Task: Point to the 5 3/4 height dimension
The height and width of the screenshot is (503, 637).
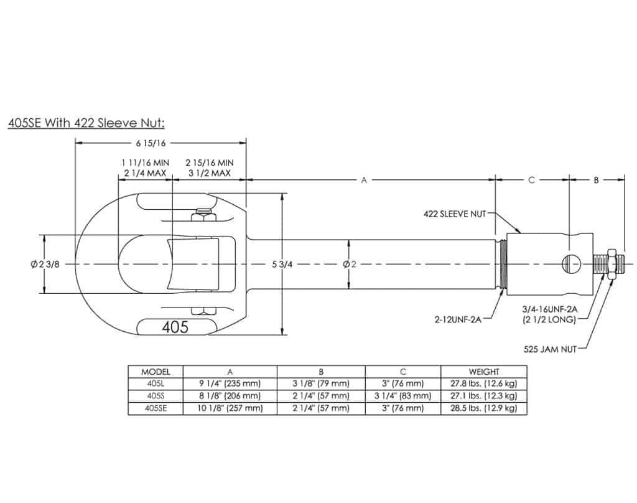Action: (x=283, y=264)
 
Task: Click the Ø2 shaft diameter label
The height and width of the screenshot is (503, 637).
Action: (x=350, y=264)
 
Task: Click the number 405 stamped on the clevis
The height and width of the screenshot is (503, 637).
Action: (x=175, y=327)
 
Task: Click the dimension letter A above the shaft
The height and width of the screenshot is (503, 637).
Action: (x=365, y=180)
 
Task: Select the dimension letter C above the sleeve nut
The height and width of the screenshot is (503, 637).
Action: (x=531, y=180)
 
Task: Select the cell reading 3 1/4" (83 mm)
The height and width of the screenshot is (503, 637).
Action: (x=403, y=396)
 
